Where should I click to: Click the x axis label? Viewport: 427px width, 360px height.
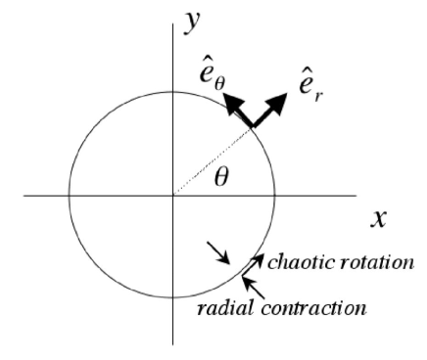[x=379, y=217]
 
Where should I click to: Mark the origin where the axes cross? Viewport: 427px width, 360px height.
[x=174, y=196]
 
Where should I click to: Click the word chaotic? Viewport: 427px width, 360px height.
[x=303, y=262]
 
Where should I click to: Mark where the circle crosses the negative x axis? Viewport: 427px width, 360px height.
[x=69, y=196]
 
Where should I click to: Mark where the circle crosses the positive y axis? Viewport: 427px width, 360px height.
[x=174, y=90]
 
